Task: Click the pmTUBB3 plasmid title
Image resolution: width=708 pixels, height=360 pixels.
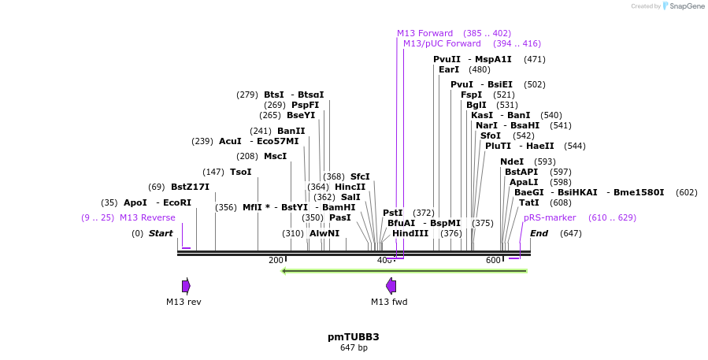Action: pyautogui.click(x=354, y=336)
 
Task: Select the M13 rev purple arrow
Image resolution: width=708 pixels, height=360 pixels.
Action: pyautogui.click(x=186, y=285)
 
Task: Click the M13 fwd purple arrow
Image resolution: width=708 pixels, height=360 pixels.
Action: pyautogui.click(x=391, y=285)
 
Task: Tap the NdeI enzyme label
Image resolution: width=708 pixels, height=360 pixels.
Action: pyautogui.click(x=512, y=161)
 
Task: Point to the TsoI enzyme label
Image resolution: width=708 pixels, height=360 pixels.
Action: pyautogui.click(x=240, y=172)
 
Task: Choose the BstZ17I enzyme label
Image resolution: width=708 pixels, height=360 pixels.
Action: pyautogui.click(x=190, y=187)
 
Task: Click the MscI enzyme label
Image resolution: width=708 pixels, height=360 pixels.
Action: pyautogui.click(x=275, y=156)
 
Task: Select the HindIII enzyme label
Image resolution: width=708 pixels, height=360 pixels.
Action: pyautogui.click(x=410, y=233)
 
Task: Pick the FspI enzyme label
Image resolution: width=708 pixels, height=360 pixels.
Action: pyautogui.click(x=471, y=95)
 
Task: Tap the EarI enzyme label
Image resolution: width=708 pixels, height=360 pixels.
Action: pyautogui.click(x=449, y=69)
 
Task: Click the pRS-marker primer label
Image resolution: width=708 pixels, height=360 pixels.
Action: pyautogui.click(x=550, y=217)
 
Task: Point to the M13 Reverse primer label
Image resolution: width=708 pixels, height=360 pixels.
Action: pyautogui.click(x=147, y=217)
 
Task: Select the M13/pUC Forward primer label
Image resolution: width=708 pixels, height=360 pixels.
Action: pyautogui.click(x=442, y=43)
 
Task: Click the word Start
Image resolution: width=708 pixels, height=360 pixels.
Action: pyautogui.click(x=161, y=233)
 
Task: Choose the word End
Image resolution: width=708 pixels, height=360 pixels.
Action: pyautogui.click(x=539, y=233)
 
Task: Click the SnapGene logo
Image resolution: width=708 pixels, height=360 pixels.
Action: pyautogui.click(x=683, y=6)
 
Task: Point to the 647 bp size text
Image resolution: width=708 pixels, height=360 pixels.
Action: pyautogui.click(x=354, y=347)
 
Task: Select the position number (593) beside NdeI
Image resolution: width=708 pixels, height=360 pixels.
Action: pyautogui.click(x=545, y=161)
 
